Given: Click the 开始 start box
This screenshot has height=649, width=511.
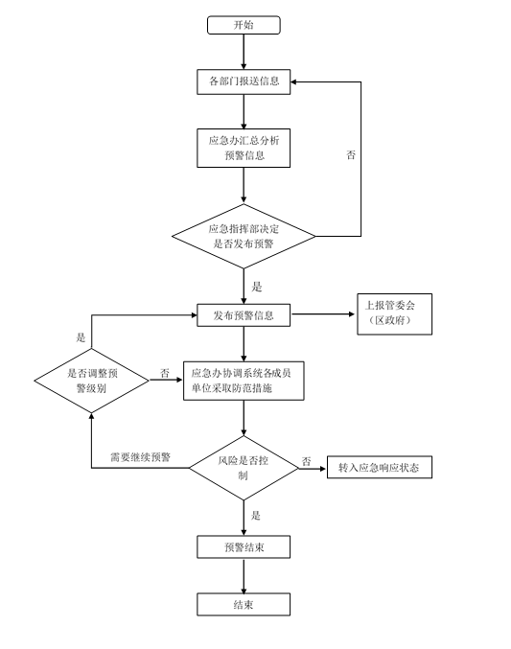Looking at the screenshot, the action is [x=244, y=25].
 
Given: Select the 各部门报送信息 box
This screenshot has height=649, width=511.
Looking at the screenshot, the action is [x=244, y=81].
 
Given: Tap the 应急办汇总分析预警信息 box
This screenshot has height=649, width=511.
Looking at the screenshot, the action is [x=244, y=149].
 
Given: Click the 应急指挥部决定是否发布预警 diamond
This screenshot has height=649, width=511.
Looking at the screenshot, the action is [x=244, y=237].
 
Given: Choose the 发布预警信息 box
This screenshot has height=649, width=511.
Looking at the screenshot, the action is [x=244, y=315].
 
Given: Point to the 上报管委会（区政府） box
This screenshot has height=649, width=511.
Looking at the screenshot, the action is [x=395, y=314].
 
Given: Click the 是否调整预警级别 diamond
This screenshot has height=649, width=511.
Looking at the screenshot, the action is [x=91, y=381].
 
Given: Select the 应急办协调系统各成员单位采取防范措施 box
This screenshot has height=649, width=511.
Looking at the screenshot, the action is [x=244, y=381].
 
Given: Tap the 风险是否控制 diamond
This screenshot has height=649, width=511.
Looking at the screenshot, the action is [x=244, y=468].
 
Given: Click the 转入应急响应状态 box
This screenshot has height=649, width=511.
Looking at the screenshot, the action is [x=380, y=467].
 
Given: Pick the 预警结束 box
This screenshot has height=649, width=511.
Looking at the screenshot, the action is [x=244, y=547].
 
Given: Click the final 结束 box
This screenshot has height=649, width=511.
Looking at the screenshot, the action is [x=244, y=605].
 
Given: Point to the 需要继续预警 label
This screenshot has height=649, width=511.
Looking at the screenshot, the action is [x=140, y=457].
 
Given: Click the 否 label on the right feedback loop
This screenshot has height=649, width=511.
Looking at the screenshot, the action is [x=351, y=154].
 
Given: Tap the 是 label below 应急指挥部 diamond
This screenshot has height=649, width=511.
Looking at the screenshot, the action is [x=257, y=287].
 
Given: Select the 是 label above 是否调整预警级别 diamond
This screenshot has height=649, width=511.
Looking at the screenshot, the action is [x=81, y=337].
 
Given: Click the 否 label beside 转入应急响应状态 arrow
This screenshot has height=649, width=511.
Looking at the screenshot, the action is [x=306, y=461].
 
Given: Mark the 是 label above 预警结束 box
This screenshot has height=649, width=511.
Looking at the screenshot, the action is [x=256, y=516].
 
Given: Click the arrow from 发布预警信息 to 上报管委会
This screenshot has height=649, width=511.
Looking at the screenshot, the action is [x=323, y=314].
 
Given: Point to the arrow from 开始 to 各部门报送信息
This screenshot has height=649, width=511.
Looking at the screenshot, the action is [x=244, y=52].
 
